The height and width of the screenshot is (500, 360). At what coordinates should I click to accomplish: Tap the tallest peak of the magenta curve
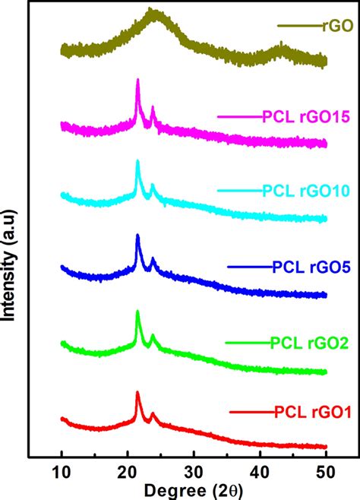pos(137,80)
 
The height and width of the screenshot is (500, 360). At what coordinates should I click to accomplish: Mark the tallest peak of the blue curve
pos(137,236)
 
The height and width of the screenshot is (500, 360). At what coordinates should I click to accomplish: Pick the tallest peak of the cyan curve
pos(137,161)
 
